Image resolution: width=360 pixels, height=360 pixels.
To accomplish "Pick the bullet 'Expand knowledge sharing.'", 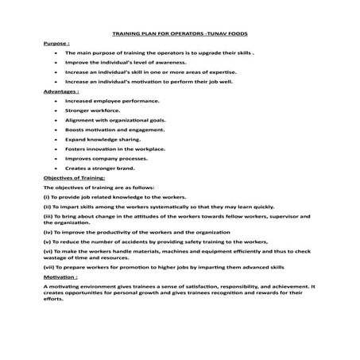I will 103,140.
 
